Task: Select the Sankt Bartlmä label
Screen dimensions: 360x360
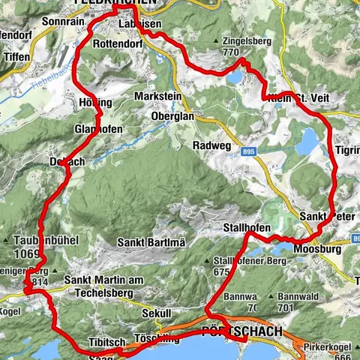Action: coord(151,242)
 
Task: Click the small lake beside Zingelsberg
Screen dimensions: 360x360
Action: coord(235,76)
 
